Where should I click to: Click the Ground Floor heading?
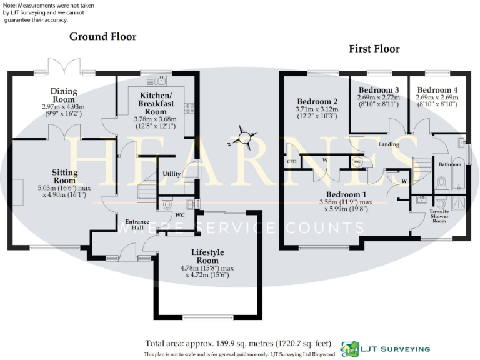click(102, 37)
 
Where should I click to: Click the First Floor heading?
click(374, 49)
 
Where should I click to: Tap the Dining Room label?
click(63, 95)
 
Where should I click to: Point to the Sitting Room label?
click(65, 176)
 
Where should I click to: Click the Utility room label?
click(171, 174)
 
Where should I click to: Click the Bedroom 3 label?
click(378, 90)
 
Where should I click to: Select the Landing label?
click(389, 144)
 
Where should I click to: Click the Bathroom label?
click(449, 165)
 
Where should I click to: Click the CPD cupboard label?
click(291, 161)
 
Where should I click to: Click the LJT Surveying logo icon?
click(349, 348)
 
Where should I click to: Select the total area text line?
click(239, 343)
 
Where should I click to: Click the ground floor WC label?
click(179, 215)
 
